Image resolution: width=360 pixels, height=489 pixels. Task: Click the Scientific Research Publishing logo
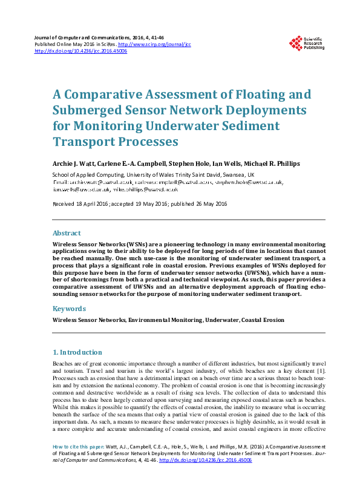[307, 43]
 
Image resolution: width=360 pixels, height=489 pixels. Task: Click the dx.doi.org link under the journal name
[81, 51]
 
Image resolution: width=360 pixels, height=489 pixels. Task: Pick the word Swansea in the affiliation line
[222, 174]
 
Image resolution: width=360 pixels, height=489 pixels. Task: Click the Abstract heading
[67, 232]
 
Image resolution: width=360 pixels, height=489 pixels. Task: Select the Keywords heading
[69, 308]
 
